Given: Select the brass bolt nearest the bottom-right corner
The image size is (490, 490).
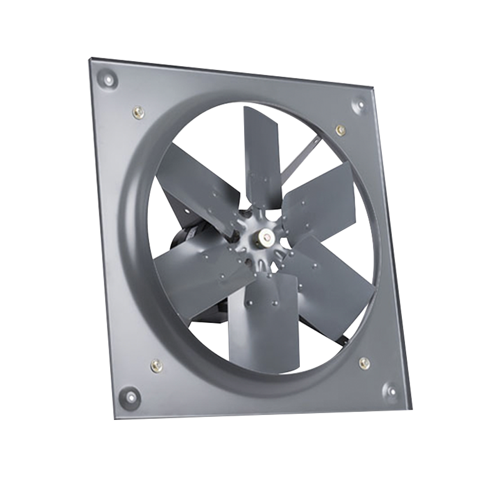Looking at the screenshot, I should click(x=364, y=363).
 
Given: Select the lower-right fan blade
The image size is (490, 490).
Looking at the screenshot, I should click(x=333, y=284).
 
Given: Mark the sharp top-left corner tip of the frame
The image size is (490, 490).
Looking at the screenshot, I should click(x=89, y=58).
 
